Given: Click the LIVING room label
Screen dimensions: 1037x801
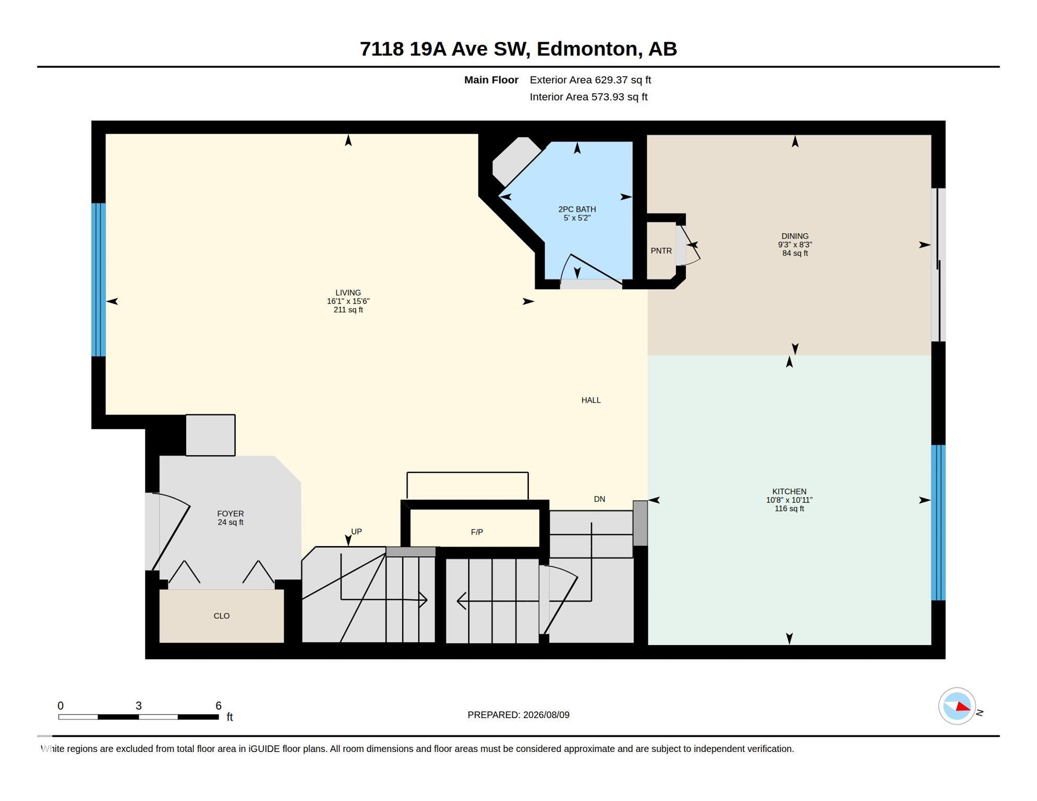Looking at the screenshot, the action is click(348, 293).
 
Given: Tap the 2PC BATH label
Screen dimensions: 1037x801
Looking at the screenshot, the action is click(577, 210).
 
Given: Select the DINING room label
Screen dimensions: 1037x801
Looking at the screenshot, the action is click(795, 236).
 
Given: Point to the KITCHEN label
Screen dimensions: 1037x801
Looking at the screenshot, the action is click(789, 492).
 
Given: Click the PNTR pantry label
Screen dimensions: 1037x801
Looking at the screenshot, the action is click(661, 251).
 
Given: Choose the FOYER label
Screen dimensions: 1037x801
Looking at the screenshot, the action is click(231, 514).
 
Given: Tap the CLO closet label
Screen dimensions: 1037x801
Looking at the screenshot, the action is click(222, 616).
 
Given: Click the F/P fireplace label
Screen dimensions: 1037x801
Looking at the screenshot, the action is click(477, 532).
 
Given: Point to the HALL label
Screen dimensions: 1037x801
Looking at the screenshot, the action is click(591, 400).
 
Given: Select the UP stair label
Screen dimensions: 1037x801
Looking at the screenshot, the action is click(356, 531).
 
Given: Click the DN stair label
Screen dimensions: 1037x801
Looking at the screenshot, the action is click(599, 499).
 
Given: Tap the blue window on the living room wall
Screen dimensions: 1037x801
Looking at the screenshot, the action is click(99, 280).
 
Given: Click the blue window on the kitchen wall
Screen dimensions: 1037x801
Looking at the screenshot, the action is click(938, 523).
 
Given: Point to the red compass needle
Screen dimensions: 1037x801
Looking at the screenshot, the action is click(963, 707).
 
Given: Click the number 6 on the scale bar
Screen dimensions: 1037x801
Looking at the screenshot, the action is click(219, 706).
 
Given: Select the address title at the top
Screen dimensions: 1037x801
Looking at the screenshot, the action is click(518, 48).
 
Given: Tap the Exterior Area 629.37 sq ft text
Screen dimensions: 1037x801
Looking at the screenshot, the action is click(590, 80).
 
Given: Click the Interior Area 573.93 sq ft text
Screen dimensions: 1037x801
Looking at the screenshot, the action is click(588, 97).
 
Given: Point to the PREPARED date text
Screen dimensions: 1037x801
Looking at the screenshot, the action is click(518, 715).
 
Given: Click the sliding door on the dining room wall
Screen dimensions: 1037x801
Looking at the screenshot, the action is click(938, 265).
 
